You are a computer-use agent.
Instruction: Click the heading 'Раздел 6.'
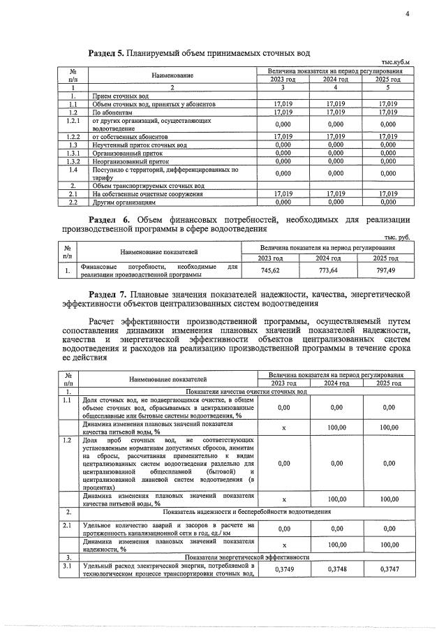tap(105, 219)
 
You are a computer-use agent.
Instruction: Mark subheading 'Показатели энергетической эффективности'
tap(246, 557)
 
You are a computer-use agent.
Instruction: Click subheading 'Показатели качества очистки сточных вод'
tap(246, 392)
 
